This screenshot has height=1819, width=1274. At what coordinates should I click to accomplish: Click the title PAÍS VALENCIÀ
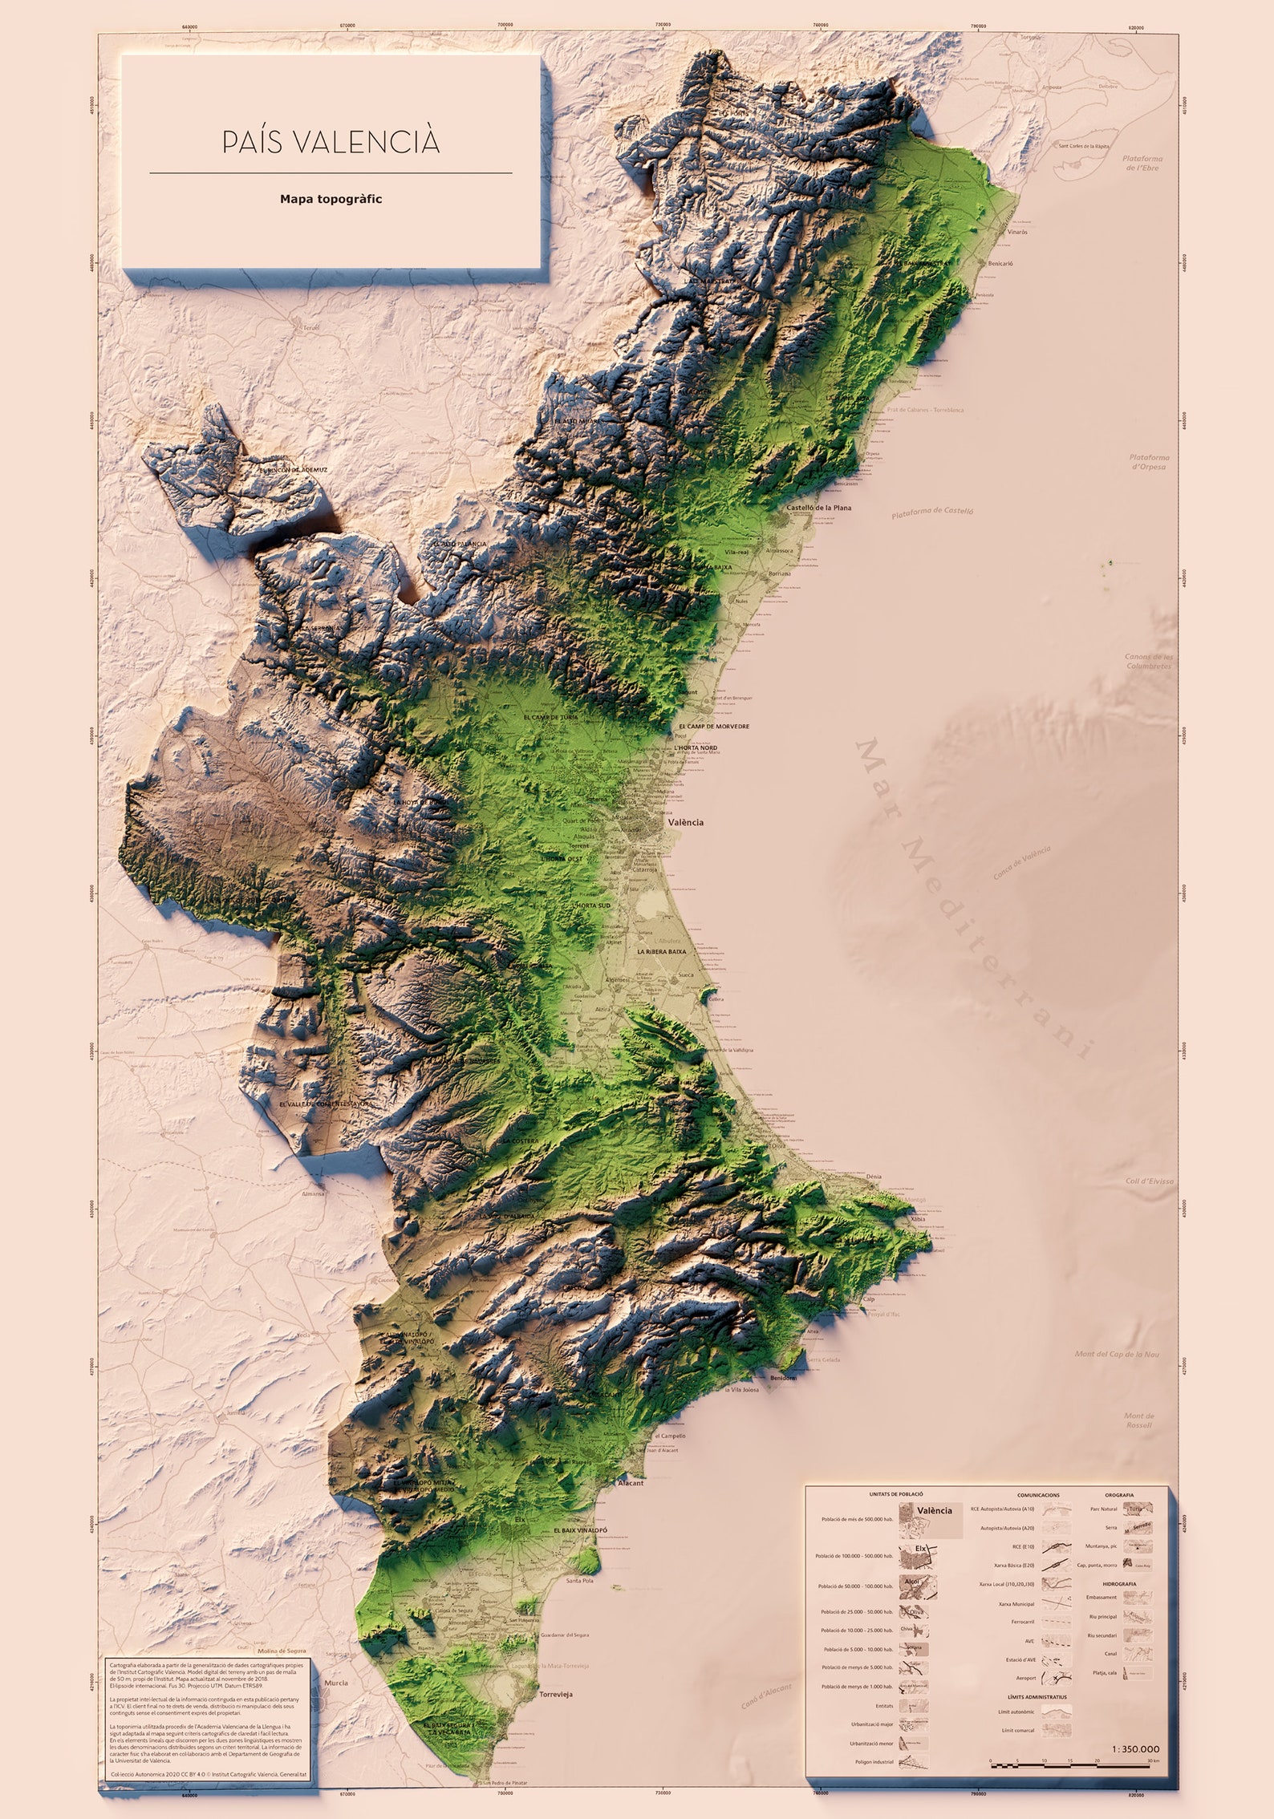pos(331,142)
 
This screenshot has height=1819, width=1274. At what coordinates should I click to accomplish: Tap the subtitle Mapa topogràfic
pos(331,199)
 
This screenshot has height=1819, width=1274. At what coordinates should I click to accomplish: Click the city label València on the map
pos(686,822)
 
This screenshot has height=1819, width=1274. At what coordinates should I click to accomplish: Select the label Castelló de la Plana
pos(818,508)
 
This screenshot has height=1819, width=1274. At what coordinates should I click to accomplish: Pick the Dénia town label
pos(874,1177)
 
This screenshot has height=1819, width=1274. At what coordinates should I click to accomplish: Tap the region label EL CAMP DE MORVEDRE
pos(713,727)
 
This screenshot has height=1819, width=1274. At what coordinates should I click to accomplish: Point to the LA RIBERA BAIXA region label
pos(661,951)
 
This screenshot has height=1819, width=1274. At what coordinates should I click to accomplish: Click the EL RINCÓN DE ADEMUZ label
pos(293,470)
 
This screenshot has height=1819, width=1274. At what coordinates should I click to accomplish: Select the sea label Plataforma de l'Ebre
pos(1142,163)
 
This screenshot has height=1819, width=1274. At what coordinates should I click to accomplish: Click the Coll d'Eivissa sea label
pos(1149,1181)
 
